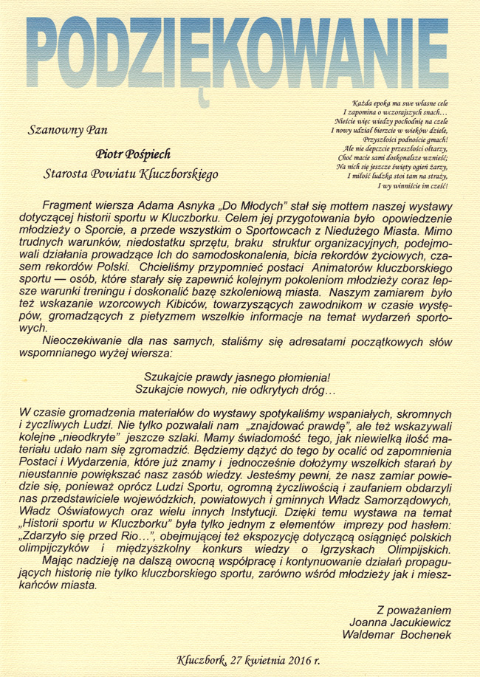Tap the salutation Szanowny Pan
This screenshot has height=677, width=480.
click(66, 131)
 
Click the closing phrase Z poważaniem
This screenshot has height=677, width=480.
click(411, 610)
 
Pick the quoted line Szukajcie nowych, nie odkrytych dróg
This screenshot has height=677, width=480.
click(235, 388)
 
